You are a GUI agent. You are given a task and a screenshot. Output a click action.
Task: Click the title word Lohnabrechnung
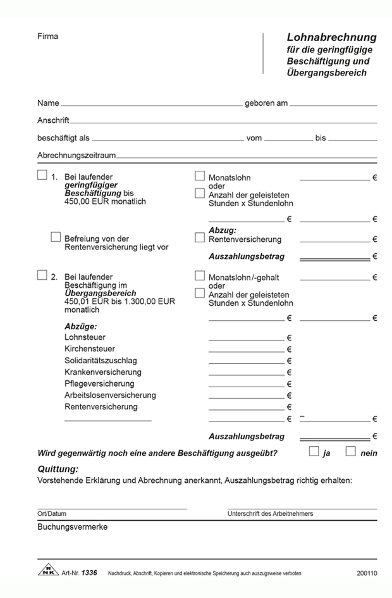click(331, 37)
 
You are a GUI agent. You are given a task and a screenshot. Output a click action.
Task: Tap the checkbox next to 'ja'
click(314, 451)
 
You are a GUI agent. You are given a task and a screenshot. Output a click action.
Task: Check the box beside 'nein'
click(351, 451)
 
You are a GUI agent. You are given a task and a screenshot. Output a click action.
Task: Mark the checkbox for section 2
click(42, 275)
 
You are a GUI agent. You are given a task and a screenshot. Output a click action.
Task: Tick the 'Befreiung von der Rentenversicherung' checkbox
click(56, 237)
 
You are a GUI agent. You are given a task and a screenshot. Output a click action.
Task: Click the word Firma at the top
click(47, 36)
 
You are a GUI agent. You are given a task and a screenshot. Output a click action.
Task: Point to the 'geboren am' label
click(266, 103)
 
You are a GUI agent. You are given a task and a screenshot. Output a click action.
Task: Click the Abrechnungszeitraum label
click(77, 155)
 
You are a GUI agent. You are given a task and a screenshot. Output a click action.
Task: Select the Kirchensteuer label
click(88, 349)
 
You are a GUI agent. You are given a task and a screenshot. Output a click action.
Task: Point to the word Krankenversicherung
click(103, 372)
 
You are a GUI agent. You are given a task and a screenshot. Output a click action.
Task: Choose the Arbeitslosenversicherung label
click(110, 395)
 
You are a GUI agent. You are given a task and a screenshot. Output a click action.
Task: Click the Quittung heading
click(58, 469)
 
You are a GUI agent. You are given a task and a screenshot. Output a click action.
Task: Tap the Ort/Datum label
click(52, 514)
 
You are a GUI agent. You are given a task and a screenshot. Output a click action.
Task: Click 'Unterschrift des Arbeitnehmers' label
click(270, 514)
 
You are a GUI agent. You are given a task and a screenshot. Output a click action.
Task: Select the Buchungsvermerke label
click(73, 526)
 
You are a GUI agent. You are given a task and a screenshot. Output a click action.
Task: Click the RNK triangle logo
click(47, 571)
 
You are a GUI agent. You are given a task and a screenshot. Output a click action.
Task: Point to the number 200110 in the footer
click(366, 573)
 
